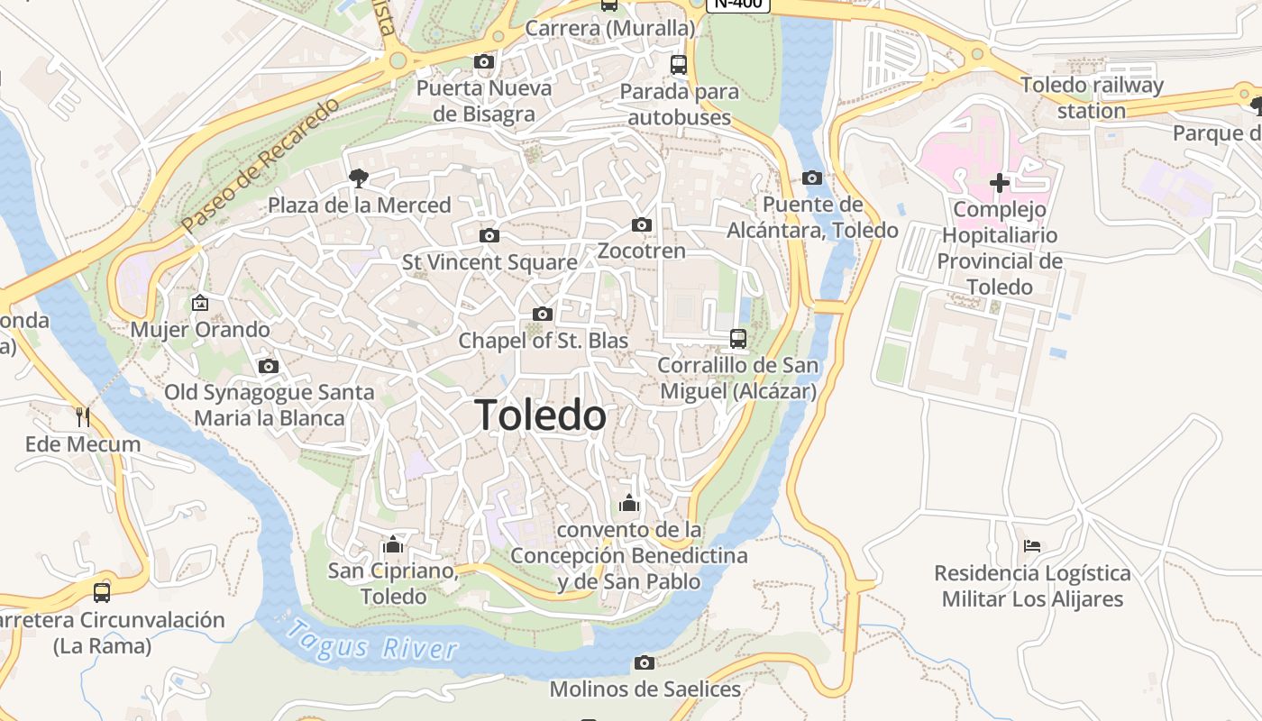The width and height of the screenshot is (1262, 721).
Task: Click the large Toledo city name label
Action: [541, 415]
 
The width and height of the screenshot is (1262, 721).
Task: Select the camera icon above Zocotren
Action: [642, 224]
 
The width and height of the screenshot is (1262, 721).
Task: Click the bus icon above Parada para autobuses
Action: [679, 65]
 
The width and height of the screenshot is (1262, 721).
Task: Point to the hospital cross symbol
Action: [999, 183]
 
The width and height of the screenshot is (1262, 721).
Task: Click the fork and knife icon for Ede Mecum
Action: [83, 416]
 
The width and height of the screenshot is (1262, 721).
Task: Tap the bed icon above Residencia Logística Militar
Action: [1032, 546]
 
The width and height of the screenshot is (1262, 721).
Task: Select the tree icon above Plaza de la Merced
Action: [359, 178]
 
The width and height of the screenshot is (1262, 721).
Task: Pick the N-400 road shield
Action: [738, 4]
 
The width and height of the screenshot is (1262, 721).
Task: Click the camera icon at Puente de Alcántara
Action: [812, 178]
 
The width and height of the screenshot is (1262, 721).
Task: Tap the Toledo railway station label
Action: [1092, 98]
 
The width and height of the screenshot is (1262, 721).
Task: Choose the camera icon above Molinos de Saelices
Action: [645, 663]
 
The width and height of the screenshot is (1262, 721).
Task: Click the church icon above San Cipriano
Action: [393, 544]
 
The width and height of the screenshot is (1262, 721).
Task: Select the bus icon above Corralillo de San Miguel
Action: [738, 339]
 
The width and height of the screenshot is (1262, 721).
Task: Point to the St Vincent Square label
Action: [489, 262]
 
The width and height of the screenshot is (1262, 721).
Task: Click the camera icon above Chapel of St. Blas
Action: [543, 314]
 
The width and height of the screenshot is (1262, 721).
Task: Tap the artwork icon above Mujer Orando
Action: [200, 303]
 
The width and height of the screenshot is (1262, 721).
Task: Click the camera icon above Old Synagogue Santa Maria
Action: [269, 366]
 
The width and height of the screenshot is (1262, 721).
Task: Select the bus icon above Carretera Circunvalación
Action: [102, 593]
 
